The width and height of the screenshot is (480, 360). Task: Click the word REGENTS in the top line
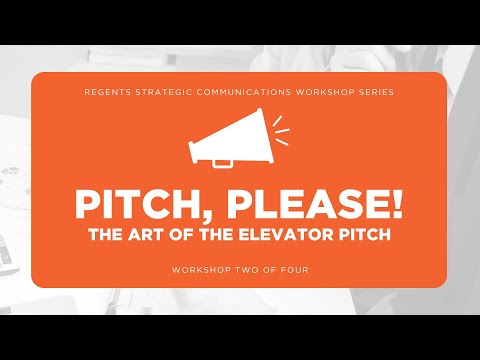coord(108,92)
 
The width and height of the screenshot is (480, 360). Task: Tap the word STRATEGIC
coord(164,92)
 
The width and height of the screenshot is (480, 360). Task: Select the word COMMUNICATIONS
coord(244,92)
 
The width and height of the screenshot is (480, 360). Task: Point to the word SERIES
coord(376,92)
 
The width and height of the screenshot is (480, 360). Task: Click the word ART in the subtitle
coord(147,234)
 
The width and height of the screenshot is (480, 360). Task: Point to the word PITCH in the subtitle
coord(365,234)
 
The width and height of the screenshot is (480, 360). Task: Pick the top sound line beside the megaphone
coord(277,121)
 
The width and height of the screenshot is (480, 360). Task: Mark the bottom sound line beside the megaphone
coord(282,142)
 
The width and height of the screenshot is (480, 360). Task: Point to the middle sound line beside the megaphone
coord(282,131)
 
